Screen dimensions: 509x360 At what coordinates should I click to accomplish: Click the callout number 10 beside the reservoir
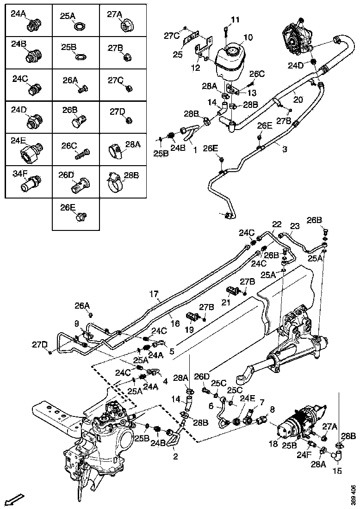pos(248,37)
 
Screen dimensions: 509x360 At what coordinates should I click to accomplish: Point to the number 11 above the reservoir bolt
pos(236,19)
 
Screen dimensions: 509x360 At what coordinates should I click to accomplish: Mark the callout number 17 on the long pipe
pos(154,293)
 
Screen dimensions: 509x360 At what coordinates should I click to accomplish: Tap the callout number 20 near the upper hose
pos(298,99)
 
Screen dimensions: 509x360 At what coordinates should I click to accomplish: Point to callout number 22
pos(277,224)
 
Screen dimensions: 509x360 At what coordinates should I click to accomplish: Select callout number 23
pos(295,226)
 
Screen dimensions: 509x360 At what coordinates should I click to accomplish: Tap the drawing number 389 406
pos(353,494)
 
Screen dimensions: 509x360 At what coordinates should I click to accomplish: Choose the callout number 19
pos(189,329)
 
